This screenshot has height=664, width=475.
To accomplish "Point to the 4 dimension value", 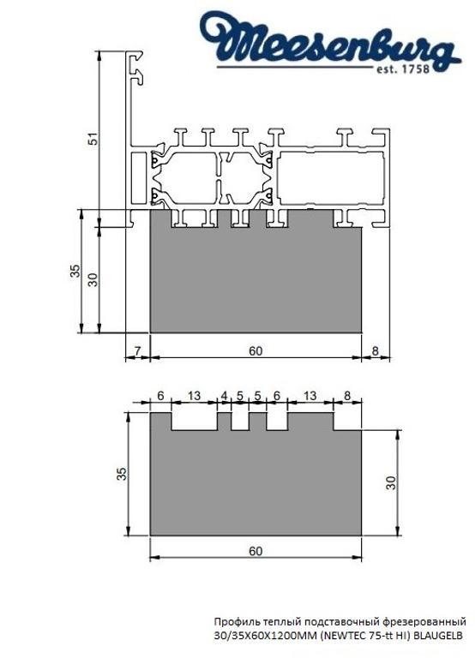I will tap(225, 396).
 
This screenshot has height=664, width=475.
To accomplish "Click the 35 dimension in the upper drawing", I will tap(75, 272).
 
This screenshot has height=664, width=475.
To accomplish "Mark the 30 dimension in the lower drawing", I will tap(392, 482).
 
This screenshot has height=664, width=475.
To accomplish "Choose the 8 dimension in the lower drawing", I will tap(346, 396).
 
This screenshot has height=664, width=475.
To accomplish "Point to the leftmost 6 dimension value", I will tap(160, 396).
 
